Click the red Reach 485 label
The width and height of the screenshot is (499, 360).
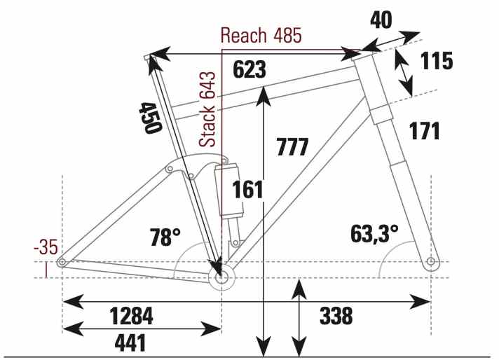click(261, 35)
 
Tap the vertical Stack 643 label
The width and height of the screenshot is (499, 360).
click(207, 109)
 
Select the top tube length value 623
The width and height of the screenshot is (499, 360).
click(249, 69)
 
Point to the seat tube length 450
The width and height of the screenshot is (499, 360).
click(151, 118)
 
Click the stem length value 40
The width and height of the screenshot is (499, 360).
click(381, 20)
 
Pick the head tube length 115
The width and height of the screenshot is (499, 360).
click(437, 61)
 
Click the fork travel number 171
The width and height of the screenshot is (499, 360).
click(425, 131)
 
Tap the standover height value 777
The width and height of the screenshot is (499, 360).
click(293, 146)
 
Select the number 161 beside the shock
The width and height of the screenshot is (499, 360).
click(247, 190)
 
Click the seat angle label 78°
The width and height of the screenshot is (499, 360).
click(165, 237)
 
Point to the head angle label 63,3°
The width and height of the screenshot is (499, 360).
click(374, 234)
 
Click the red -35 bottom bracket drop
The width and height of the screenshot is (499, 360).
click(46, 247)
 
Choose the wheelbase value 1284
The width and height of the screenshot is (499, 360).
click(132, 316)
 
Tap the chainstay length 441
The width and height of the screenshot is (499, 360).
click(130, 342)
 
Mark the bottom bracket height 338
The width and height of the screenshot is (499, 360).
click(336, 316)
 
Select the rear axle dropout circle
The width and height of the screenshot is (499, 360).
click(62, 262)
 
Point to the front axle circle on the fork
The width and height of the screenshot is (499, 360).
click(430, 261)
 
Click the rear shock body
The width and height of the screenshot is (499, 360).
click(228, 191)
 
